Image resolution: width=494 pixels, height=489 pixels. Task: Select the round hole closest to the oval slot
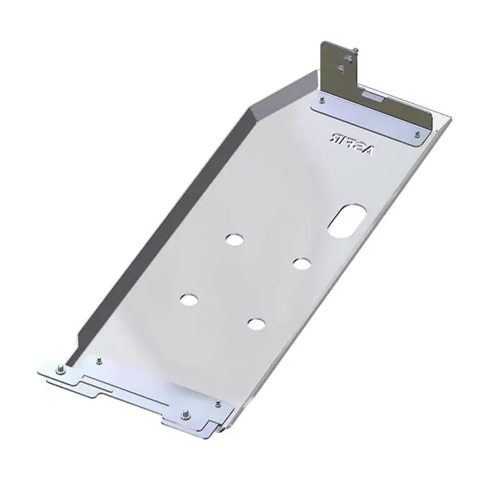302,263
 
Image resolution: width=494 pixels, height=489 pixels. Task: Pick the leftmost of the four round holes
189,300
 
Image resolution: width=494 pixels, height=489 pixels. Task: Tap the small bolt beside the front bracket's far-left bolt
98,360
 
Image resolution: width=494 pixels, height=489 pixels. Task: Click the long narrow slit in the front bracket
121,389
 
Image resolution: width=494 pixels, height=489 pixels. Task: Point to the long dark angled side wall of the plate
157,228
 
